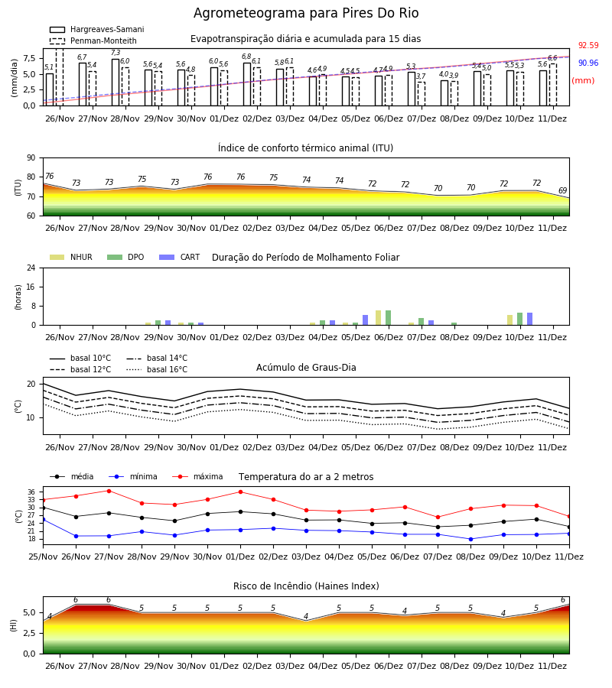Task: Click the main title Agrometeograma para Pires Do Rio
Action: click(306, 13)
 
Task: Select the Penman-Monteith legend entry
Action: click(93, 41)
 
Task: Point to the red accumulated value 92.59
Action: click(588, 46)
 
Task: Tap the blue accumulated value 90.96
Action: click(588, 63)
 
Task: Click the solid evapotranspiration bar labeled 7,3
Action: click(116, 83)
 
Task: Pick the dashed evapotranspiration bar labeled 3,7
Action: click(422, 94)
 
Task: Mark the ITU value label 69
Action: click(562, 190)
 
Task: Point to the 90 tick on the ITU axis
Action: click(31, 158)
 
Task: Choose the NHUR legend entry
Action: click(71, 257)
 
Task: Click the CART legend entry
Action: click(180, 257)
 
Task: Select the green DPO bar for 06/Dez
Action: click(388, 318)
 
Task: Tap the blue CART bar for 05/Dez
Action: click(365, 320)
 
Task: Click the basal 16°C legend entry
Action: click(157, 369)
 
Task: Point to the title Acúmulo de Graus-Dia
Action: click(306, 368)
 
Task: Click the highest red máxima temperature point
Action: click(109, 491)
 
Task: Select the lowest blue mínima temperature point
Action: click(471, 539)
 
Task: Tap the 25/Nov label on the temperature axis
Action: click(43, 557)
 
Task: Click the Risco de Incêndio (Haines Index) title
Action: click(306, 586)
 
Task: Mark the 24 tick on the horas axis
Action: click(31, 268)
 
